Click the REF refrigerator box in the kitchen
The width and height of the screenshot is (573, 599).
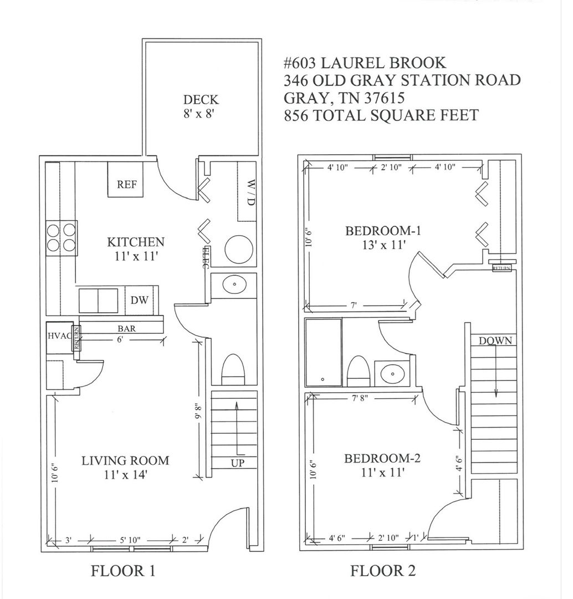[125, 180]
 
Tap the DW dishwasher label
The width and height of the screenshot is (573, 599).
[139, 300]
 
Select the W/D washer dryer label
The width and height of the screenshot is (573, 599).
[250, 192]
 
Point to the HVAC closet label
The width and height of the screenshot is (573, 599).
[59, 336]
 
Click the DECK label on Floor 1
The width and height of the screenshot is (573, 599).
[201, 100]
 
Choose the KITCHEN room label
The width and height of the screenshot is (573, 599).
[136, 242]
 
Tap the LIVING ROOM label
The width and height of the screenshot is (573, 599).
[125, 460]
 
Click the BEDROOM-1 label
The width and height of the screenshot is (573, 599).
[383, 231]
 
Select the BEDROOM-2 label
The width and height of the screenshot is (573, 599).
[382, 458]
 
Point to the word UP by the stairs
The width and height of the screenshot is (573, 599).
[237, 463]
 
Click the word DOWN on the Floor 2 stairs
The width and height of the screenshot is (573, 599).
[495, 341]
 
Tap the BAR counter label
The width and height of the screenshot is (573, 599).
[126, 328]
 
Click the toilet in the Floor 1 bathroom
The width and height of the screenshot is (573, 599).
[233, 369]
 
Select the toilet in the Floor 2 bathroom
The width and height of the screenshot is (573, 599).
[359, 371]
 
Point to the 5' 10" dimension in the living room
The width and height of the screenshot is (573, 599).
[130, 540]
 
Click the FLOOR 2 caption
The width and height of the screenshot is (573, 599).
[383, 571]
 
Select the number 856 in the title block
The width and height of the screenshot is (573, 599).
[296, 115]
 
